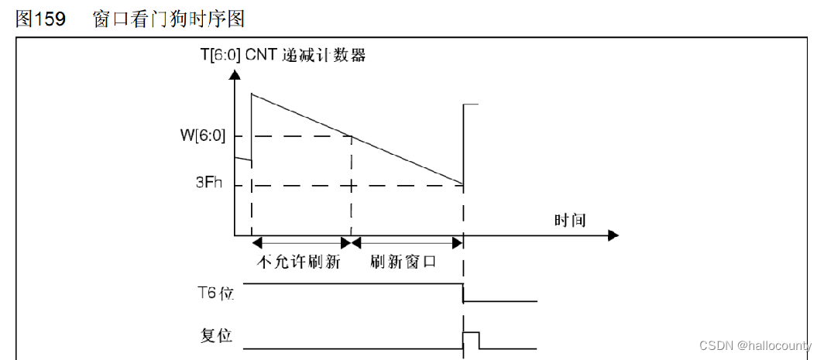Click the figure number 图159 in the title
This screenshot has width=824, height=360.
coord(40,19)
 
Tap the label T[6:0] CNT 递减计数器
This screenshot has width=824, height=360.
coord(282,56)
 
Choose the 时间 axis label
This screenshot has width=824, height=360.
coord(569,221)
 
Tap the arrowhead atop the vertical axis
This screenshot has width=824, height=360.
coord(235,77)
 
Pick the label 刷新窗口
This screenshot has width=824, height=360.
coord(403,262)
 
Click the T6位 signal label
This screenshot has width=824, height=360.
coord(217,293)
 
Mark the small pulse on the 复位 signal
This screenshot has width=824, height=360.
coord(471,339)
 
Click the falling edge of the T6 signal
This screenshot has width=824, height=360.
coord(463,293)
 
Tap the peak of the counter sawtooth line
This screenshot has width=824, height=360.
coord(252,94)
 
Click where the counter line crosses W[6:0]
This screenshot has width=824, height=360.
coord(352,137)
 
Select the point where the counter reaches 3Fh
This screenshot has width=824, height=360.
coord(462,185)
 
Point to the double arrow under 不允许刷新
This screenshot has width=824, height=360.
coord(302,242)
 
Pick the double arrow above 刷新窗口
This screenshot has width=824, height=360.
coord(407,242)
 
